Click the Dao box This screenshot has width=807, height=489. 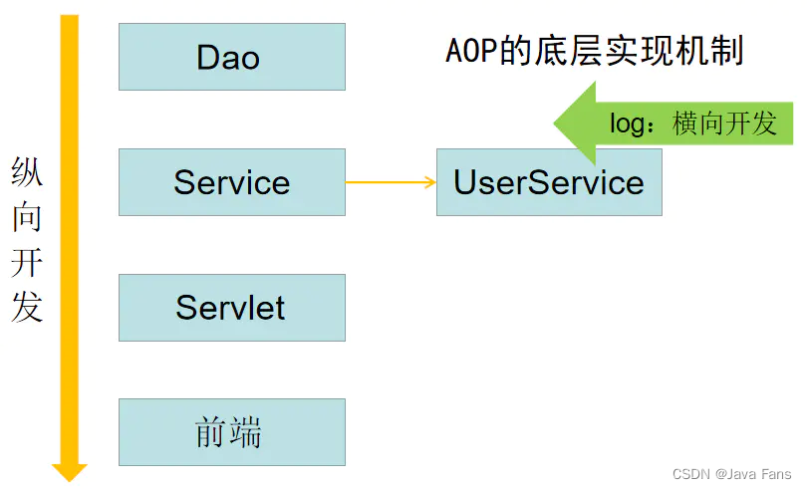(231, 57)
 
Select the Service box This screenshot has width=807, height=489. (231, 182)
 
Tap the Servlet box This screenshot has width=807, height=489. (231, 308)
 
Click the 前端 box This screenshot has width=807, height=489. (231, 432)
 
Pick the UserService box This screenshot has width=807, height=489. (549, 182)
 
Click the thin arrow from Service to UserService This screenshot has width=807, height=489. (391, 182)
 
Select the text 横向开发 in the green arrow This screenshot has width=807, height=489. (724, 123)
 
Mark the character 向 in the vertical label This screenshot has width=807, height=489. (27, 217)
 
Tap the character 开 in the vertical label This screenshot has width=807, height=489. (27, 262)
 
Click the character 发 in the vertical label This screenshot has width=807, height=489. (27, 307)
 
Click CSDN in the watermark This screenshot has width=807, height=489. (690, 475)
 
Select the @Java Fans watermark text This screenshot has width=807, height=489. (754, 475)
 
